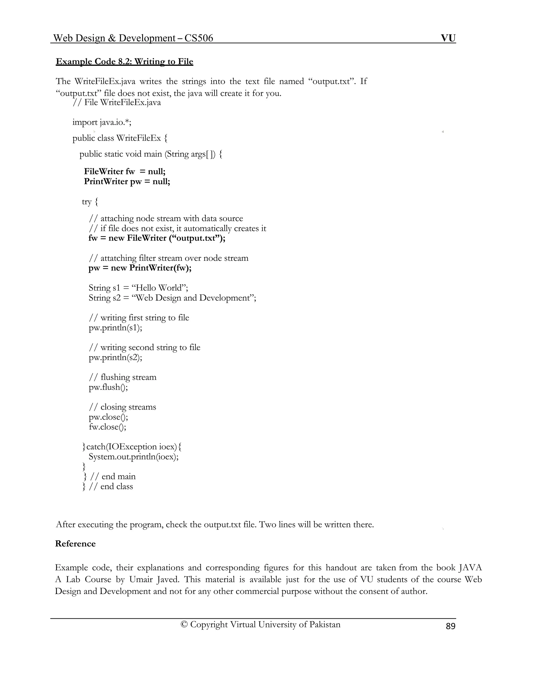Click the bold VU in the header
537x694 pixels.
coord(448,38)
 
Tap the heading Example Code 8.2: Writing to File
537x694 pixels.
coord(124,61)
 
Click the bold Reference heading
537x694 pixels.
coord(76,544)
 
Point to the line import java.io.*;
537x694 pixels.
coord(102,122)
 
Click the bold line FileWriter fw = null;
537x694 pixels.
coord(125,172)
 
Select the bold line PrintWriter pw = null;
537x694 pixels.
coord(127,181)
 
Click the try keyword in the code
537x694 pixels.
coord(87,201)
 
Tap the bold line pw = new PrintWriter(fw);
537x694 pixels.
coord(140,268)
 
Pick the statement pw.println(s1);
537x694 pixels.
coord(115,327)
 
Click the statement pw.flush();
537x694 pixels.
coord(109,387)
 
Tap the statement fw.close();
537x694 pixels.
coord(108,427)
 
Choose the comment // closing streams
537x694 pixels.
coord(122,407)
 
